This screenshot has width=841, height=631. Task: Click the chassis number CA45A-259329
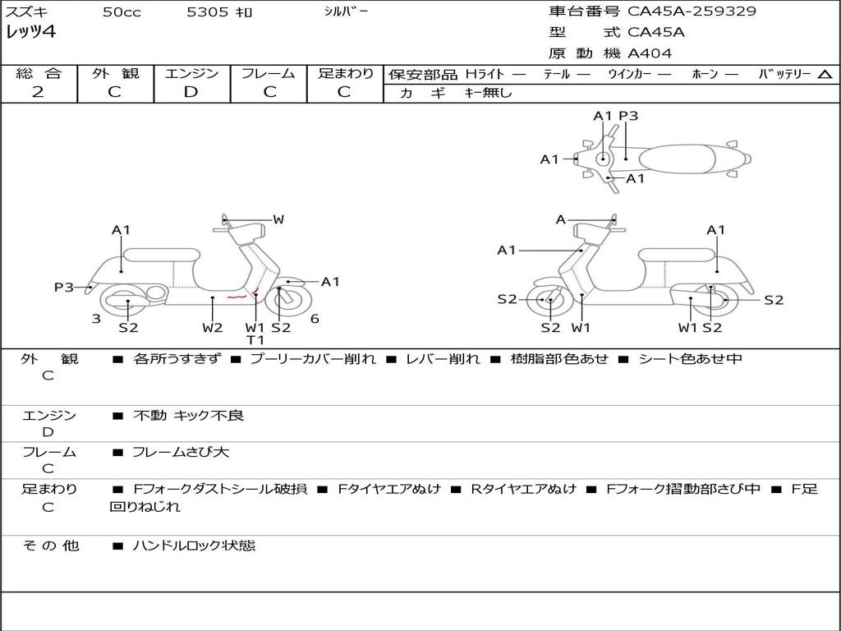(692, 12)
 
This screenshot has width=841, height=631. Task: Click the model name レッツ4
(30, 33)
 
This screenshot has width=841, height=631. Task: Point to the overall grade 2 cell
(38, 92)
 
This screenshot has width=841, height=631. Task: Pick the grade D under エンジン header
(191, 92)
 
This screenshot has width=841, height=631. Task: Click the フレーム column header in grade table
(269, 74)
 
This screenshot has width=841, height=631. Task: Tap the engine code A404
(650, 53)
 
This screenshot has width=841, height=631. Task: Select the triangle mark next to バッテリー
(825, 75)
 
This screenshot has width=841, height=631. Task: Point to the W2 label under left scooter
(213, 328)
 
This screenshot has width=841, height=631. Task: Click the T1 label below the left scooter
(255, 340)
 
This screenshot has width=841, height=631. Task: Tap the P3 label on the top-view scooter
(628, 116)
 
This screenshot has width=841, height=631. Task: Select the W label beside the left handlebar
(278, 219)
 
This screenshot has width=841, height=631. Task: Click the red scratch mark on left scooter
(237, 297)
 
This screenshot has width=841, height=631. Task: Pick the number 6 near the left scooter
(315, 319)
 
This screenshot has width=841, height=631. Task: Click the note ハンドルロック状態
(194, 545)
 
